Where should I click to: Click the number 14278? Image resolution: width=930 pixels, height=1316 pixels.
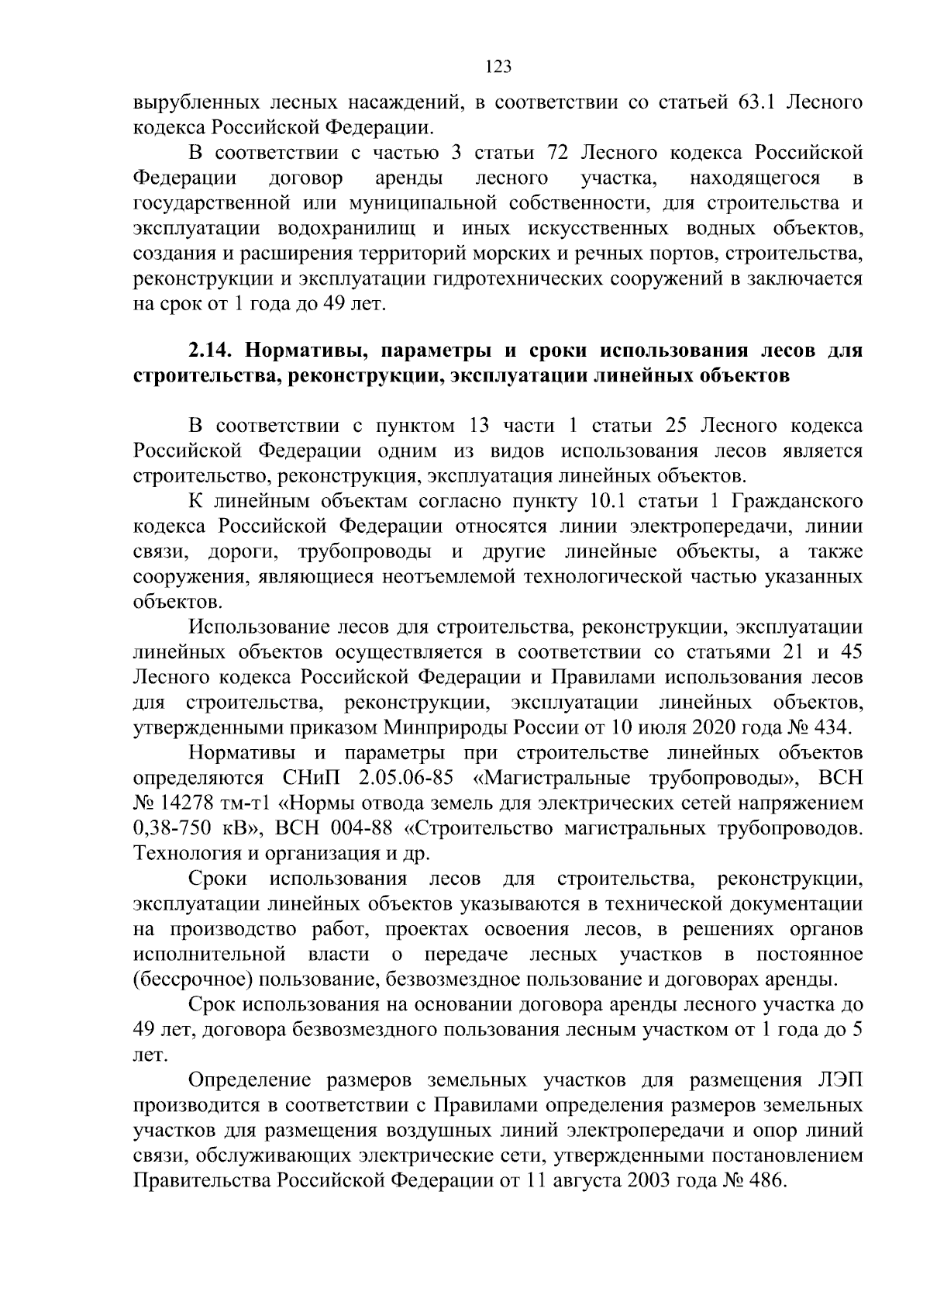pos(187,803)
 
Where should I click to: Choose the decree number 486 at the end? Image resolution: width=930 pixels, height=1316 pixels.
pos(769,1181)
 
